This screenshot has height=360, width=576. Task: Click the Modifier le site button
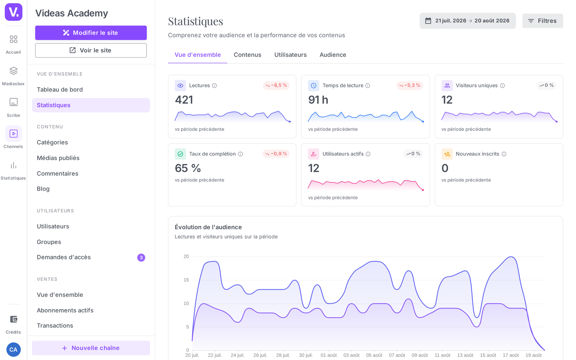click(91, 33)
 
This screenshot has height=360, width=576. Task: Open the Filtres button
click(543, 21)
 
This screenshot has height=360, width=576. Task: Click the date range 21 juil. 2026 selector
click(468, 21)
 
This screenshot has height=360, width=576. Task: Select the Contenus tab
click(247, 55)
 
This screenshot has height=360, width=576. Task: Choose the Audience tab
click(333, 55)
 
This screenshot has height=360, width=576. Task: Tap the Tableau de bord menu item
click(60, 90)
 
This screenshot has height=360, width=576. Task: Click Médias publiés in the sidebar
click(58, 158)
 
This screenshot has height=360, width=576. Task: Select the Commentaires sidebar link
click(57, 174)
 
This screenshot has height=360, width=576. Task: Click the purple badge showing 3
click(141, 257)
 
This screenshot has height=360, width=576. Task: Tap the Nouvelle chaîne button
click(91, 348)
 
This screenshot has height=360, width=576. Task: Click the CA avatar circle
click(13, 350)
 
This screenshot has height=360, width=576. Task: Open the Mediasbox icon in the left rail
click(13, 71)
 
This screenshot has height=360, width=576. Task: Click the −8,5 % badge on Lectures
click(276, 85)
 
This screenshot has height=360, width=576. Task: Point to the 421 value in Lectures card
click(184, 100)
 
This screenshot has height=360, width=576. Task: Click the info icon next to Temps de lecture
click(368, 86)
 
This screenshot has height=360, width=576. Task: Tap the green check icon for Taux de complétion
click(180, 154)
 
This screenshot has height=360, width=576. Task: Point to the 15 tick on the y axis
click(186, 280)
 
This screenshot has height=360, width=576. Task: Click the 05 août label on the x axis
click(374, 355)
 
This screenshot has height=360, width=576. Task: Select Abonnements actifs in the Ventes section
click(65, 310)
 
